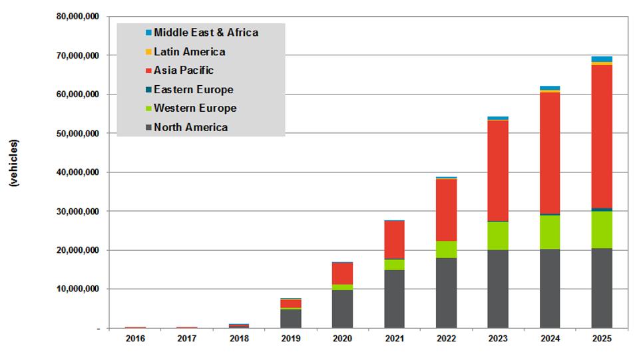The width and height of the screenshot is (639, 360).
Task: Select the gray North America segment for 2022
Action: tap(446, 293)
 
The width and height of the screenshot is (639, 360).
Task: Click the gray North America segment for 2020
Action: tap(342, 309)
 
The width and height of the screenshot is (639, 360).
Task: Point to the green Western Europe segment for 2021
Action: tap(394, 264)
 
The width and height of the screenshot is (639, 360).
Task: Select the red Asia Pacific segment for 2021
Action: tap(394, 240)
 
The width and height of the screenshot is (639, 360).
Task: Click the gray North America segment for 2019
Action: tap(290, 319)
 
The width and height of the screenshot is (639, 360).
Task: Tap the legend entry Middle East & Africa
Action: tap(206, 32)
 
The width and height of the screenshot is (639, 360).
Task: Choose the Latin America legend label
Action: tap(189, 51)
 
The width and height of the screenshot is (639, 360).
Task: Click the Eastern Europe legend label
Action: tap(193, 89)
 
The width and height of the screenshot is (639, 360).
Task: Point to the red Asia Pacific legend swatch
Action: tap(148, 71)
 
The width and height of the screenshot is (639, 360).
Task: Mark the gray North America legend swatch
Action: tap(148, 128)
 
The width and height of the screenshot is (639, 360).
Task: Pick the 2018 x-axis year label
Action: tap(238, 339)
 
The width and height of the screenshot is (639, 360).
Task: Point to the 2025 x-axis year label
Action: tap(602, 339)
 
